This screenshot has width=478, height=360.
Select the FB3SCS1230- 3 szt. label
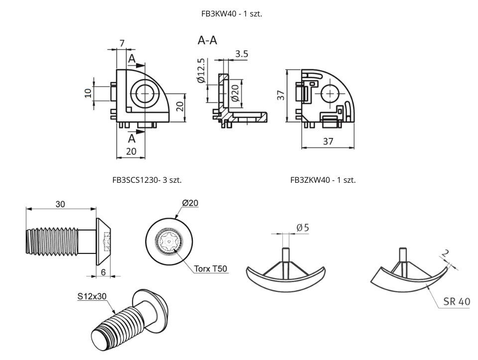coord(147,180)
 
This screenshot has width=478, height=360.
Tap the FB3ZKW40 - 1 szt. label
coord(323,180)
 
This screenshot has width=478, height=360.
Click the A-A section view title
coord(207,41)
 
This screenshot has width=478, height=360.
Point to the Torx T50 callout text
coord(211,269)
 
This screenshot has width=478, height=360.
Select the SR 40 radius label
coord(456,301)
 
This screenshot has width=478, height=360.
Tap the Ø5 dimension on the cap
coord(303,228)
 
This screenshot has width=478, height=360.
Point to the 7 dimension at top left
coord(121,43)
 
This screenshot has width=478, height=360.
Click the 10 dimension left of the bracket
coord(88,93)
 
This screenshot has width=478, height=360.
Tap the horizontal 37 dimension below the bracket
coord(328,141)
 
